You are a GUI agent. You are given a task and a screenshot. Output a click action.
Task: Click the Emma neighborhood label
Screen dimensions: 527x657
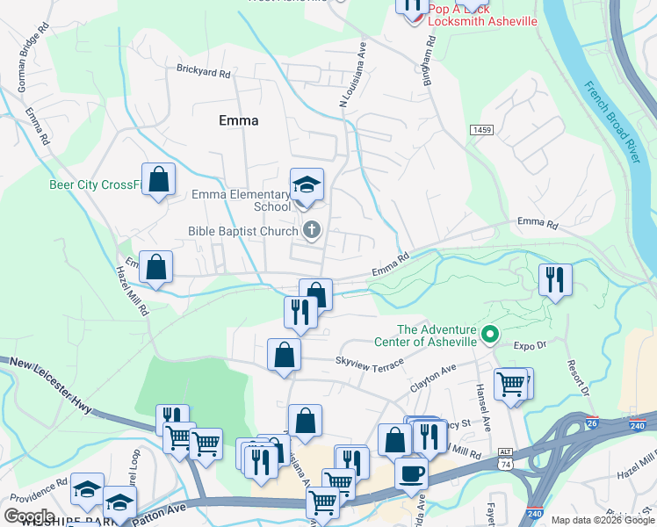pyautogui.click(x=238, y=120)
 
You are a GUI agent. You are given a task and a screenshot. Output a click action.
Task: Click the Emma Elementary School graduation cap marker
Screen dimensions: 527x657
pyautogui.click(x=307, y=184)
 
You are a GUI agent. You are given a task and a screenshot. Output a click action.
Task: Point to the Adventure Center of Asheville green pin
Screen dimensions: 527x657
pyautogui.click(x=491, y=334)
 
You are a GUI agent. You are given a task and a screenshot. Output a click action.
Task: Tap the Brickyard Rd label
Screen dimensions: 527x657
pyautogui.click(x=203, y=69)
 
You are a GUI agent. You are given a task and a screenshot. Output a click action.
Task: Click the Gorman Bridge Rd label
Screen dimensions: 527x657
pyautogui.click(x=27, y=51)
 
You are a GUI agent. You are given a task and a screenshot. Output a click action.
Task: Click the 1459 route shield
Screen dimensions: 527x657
pyautogui.click(x=481, y=130)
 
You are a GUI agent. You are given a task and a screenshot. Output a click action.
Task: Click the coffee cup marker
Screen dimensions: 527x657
pyautogui.click(x=411, y=474)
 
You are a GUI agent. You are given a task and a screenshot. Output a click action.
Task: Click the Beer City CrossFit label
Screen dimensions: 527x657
pyautogui.click(x=95, y=184)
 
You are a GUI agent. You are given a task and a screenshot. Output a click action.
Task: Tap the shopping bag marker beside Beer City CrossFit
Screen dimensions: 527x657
pyautogui.click(x=158, y=179)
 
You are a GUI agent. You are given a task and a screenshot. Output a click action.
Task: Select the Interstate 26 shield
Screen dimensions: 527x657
pyautogui.click(x=593, y=424)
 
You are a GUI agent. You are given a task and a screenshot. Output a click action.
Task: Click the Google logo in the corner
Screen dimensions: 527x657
pyautogui.click(x=29, y=516)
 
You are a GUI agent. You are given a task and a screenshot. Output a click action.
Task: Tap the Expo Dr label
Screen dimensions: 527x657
pyautogui.click(x=530, y=346)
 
